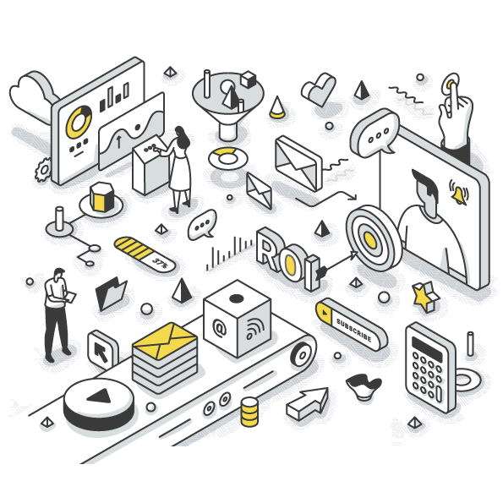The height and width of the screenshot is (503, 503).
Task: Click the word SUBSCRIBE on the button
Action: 353,330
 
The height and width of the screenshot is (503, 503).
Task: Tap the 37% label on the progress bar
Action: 160,263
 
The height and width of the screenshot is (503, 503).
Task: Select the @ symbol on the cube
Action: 220,328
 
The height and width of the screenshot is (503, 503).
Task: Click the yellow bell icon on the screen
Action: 459,192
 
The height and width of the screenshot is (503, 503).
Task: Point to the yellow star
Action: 424,296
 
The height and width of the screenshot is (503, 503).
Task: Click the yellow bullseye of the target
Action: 370,239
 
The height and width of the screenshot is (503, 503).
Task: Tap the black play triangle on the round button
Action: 100,396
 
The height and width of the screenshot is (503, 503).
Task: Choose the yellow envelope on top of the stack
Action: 165,341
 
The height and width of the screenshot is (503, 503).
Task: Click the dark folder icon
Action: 111,293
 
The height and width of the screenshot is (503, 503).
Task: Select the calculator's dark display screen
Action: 427,348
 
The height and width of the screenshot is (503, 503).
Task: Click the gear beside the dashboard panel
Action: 43,170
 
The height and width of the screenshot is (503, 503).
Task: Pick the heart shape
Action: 319,89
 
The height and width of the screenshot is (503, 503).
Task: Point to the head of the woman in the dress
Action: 181,136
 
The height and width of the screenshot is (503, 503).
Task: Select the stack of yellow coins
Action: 249,412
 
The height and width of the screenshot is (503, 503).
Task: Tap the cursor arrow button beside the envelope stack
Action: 102,350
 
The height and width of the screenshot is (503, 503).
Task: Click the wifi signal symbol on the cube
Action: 255,329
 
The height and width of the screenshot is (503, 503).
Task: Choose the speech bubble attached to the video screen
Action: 375,133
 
